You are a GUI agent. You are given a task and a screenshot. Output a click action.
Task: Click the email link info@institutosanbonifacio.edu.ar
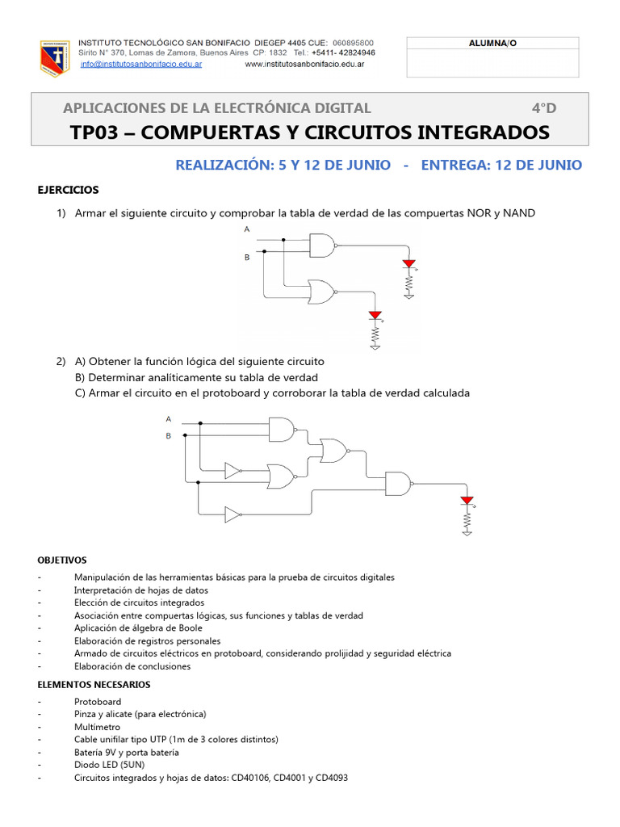(x=141, y=64)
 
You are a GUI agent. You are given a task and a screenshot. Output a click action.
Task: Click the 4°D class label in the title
(x=543, y=108)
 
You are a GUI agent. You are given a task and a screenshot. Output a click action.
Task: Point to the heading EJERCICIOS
(x=69, y=190)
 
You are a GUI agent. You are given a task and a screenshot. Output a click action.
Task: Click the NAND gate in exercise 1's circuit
(x=322, y=245)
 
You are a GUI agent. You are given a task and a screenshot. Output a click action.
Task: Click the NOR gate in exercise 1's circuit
(x=321, y=292)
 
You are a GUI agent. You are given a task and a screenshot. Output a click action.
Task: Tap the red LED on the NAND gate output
(x=408, y=263)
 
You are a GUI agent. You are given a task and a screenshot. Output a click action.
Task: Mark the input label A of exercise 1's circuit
(x=247, y=229)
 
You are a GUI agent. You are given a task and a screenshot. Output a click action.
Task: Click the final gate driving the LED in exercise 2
(x=399, y=483)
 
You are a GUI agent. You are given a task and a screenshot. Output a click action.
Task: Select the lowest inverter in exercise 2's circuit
(x=232, y=514)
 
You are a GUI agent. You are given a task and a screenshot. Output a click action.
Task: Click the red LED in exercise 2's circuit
(x=467, y=501)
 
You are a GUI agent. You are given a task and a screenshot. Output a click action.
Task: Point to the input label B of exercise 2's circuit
(x=169, y=435)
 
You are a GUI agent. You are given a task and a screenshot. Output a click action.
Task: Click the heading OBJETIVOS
(x=62, y=560)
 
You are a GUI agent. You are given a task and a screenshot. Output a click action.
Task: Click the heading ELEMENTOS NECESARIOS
(x=94, y=684)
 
